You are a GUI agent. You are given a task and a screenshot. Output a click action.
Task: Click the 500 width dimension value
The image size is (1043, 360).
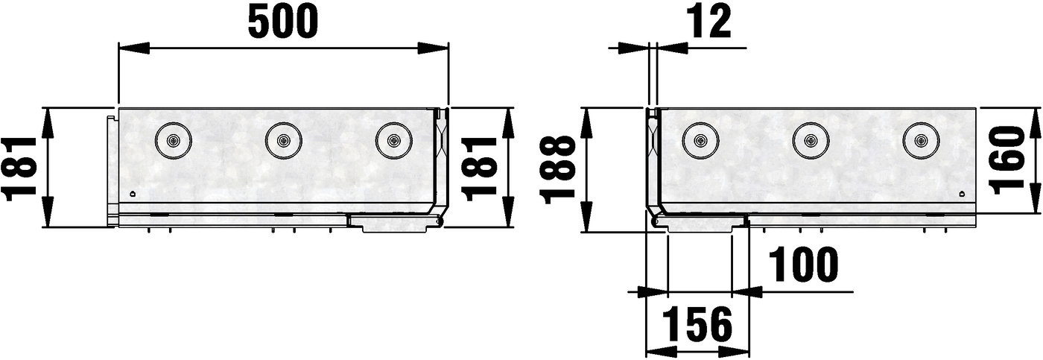(x=282, y=22)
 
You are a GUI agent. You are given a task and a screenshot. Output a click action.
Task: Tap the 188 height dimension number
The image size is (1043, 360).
(x=560, y=169)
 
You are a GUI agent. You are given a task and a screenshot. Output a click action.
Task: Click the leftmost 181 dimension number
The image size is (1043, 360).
(x=19, y=168)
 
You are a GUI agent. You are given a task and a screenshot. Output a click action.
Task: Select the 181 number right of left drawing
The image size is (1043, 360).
(x=478, y=168)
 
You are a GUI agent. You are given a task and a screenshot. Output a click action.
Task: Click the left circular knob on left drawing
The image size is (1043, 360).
(x=172, y=139)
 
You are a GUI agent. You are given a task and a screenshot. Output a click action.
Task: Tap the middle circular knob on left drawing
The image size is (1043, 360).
(x=283, y=139)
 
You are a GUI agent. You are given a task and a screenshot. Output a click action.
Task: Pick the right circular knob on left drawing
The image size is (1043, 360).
(x=393, y=139)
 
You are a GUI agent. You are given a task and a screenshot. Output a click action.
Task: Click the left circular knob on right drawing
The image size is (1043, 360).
(x=700, y=139)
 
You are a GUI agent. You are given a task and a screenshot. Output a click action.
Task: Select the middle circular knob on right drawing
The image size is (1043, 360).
(x=810, y=139)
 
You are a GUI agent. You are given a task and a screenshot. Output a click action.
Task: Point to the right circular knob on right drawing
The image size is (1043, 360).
(x=920, y=139)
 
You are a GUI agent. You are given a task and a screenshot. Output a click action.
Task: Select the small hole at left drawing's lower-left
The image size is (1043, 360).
(x=133, y=194)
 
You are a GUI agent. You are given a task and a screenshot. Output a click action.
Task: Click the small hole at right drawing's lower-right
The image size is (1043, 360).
(x=961, y=194)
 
